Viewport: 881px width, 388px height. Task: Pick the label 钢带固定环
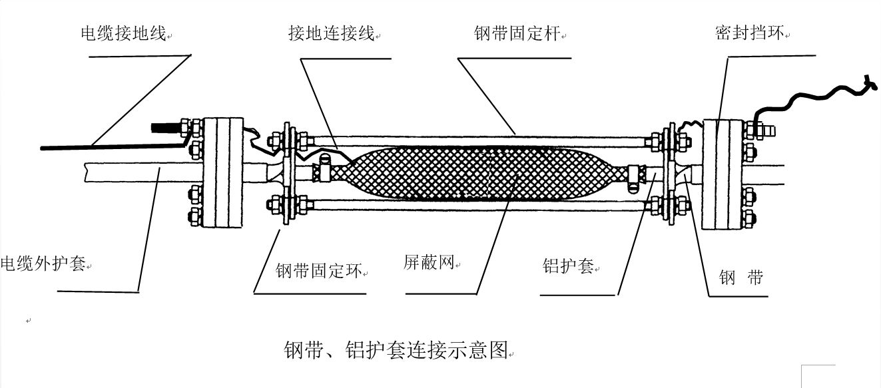tap(318, 271)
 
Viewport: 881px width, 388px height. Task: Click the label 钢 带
tap(740, 278)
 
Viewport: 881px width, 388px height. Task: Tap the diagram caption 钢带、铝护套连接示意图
tap(397, 349)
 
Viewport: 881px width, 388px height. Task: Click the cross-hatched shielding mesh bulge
tap(479, 173)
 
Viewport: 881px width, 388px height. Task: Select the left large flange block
tap(222, 173)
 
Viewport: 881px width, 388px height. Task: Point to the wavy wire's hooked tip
tap(867, 83)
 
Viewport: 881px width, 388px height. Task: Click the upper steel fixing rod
tap(479, 140)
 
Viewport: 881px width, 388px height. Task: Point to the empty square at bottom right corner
tap(819, 376)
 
